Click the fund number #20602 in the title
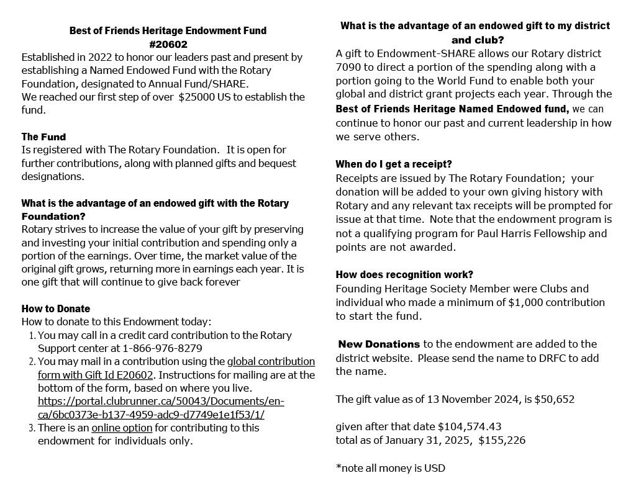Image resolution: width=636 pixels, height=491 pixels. pyautogui.click(x=168, y=44)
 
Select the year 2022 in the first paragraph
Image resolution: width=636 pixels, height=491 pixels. pyautogui.click(x=102, y=57)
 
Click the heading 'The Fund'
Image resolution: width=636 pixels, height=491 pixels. pyautogui.click(x=43, y=137)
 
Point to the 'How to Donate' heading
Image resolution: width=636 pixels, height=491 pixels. pyautogui.click(x=56, y=309)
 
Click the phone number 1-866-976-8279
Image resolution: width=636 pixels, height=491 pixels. pyautogui.click(x=162, y=348)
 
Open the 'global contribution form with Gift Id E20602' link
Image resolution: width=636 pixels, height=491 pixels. pyautogui.click(x=176, y=368)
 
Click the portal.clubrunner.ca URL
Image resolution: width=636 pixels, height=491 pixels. pyautogui.click(x=161, y=408)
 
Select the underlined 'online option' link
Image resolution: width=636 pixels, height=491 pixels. pyautogui.click(x=122, y=428)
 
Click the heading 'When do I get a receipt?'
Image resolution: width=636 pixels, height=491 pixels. pyautogui.click(x=394, y=164)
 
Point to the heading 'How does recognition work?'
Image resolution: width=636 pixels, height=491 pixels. pyautogui.click(x=404, y=274)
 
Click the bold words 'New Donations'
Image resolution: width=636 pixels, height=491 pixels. pyautogui.click(x=379, y=344)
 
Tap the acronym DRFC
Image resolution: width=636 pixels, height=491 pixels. pyautogui.click(x=529, y=358)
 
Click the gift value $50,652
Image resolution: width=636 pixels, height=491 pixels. pyautogui.click(x=555, y=399)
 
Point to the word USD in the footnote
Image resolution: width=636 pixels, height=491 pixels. pyautogui.click(x=435, y=468)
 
